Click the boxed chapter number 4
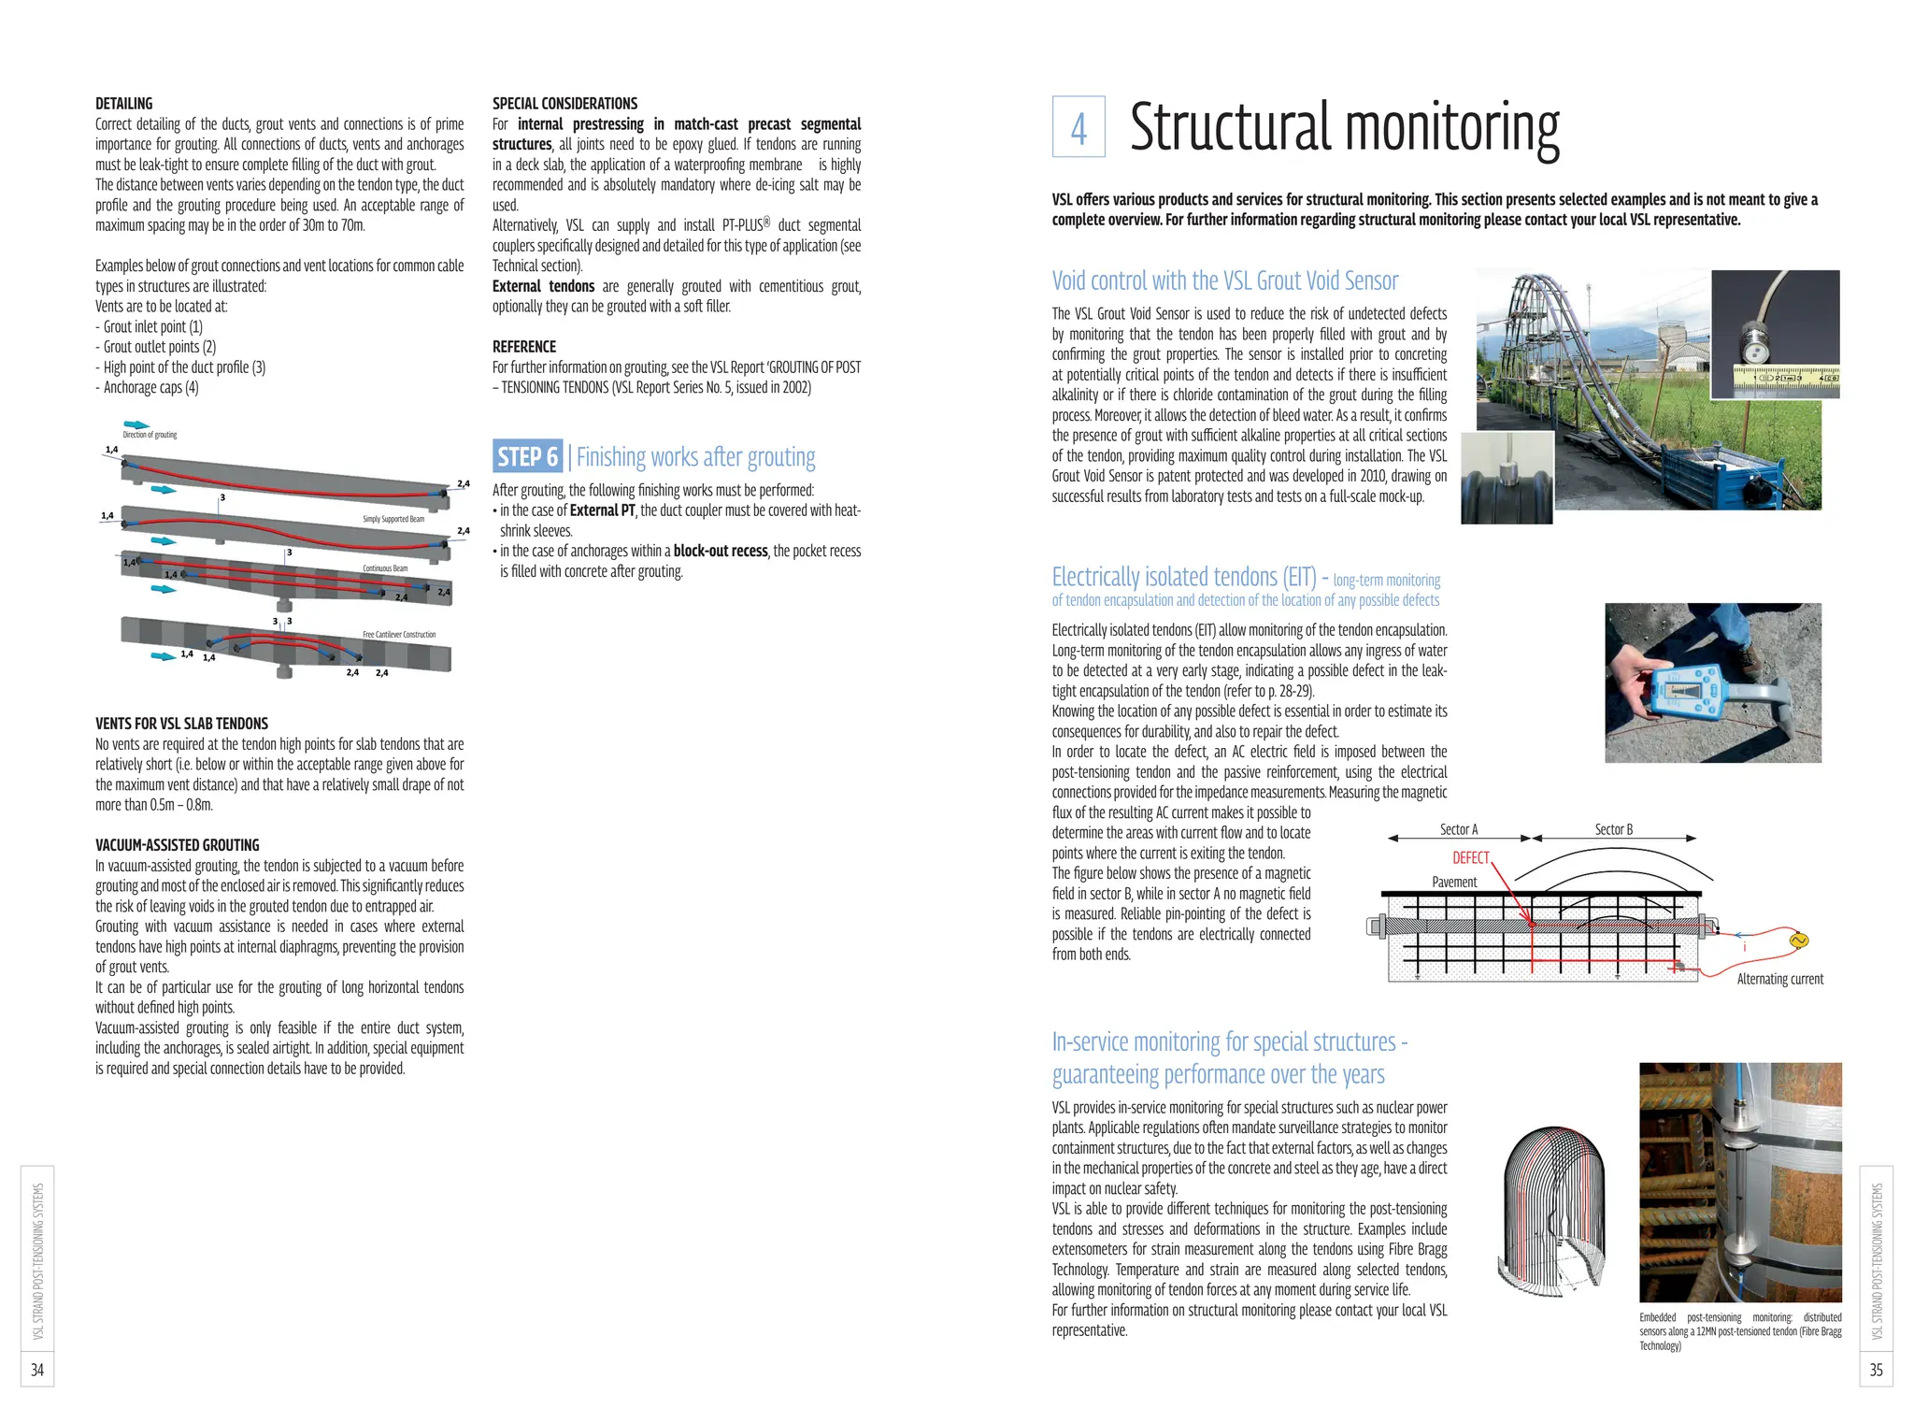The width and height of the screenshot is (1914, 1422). [x=1078, y=127]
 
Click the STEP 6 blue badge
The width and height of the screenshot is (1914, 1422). [x=527, y=456]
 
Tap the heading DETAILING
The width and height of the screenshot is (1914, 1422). [x=123, y=104]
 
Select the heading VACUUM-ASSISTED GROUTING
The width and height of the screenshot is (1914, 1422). [x=177, y=845]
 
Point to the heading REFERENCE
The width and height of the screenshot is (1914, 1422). [x=523, y=347]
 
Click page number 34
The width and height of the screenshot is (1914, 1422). [x=37, y=1370]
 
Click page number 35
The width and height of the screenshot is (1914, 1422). [x=1876, y=1370]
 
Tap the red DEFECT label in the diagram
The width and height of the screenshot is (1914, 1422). [x=1470, y=857]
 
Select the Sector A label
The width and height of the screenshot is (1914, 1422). [x=1458, y=829]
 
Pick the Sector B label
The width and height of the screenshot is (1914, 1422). [x=1613, y=829]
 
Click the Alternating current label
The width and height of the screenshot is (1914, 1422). [x=1779, y=979]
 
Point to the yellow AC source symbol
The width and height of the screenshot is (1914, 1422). [x=1796, y=941]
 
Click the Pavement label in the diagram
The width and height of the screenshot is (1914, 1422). [x=1454, y=882]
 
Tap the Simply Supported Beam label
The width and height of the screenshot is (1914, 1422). [x=393, y=519]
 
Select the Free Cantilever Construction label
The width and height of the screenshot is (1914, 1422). [x=399, y=635]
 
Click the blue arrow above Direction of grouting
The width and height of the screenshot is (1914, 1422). [x=136, y=424]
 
